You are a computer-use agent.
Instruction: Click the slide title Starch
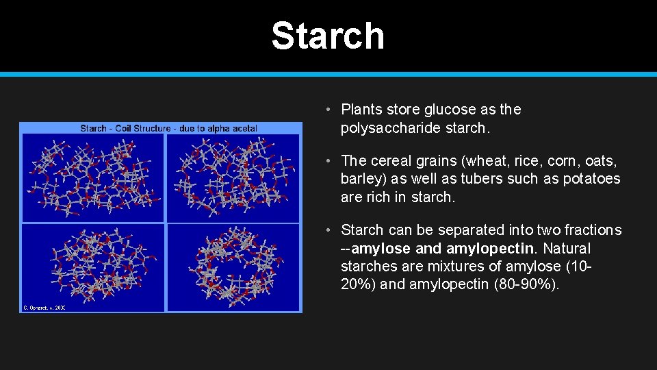tap(328, 36)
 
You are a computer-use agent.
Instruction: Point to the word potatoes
tap(590, 179)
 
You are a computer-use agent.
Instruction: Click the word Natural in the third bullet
tap(566, 248)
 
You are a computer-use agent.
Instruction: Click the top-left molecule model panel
tap(93, 177)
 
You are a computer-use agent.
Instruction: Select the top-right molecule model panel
tap(233, 177)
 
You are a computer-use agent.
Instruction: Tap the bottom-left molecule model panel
tap(93, 267)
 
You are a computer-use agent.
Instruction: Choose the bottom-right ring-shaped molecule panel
tap(233, 267)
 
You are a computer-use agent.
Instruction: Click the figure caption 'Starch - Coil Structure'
tap(168, 127)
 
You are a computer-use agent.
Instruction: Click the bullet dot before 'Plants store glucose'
tap(329, 110)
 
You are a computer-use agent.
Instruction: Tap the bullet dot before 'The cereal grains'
tap(329, 161)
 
